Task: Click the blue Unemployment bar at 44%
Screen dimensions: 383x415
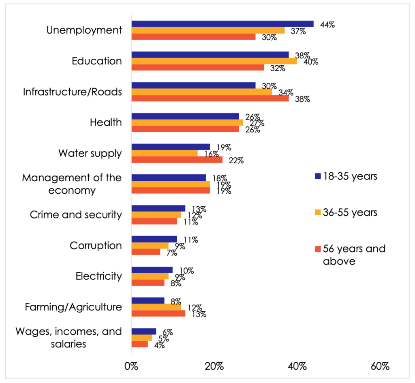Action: click(222, 24)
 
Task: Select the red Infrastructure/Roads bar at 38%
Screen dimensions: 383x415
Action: click(210, 98)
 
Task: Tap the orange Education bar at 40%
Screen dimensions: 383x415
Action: click(214, 61)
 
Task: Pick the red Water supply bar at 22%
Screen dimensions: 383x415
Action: click(177, 160)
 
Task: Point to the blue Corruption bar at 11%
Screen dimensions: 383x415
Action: click(154, 239)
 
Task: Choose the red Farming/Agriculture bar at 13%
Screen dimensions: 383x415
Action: click(158, 314)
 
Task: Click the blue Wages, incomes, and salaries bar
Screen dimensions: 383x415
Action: click(144, 332)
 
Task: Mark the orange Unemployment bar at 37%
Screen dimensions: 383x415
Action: click(208, 30)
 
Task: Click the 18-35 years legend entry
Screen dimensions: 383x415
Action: click(346, 176)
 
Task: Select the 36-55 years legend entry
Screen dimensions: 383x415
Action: click(346, 212)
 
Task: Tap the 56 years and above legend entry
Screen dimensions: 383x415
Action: click(350, 255)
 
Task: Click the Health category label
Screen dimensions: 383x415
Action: click(106, 122)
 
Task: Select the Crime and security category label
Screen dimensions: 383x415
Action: click(76, 214)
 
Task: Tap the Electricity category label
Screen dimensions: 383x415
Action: click(98, 276)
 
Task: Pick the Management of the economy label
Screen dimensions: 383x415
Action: click(72, 184)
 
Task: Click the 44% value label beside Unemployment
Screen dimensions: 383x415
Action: click(327, 24)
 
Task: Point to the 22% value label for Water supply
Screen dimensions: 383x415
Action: click(235, 160)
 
